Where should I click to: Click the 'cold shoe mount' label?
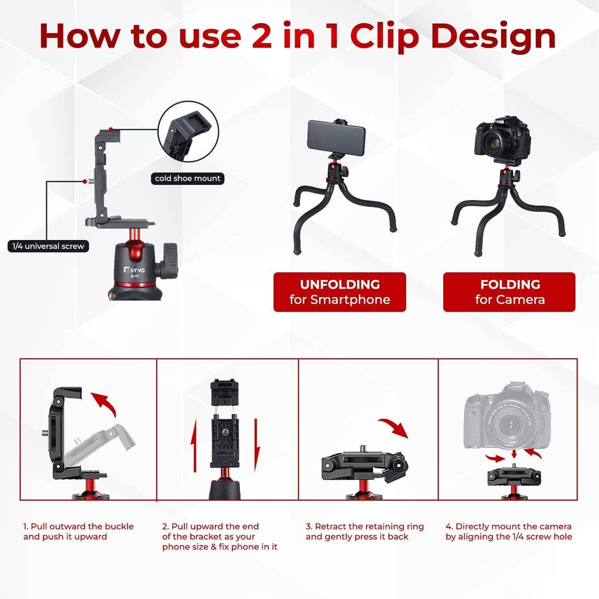pyautogui.click(x=188, y=179)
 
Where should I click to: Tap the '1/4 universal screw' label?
pyautogui.click(x=48, y=246)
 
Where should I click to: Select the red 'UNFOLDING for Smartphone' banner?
pyautogui.click(x=339, y=292)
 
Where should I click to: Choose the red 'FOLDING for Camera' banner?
pyautogui.click(x=510, y=292)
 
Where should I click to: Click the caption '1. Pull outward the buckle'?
pyautogui.click(x=78, y=526)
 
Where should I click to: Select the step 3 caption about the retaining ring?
pyautogui.click(x=365, y=532)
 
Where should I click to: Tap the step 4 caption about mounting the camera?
pyautogui.click(x=509, y=532)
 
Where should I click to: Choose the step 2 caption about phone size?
pyautogui.click(x=220, y=537)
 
